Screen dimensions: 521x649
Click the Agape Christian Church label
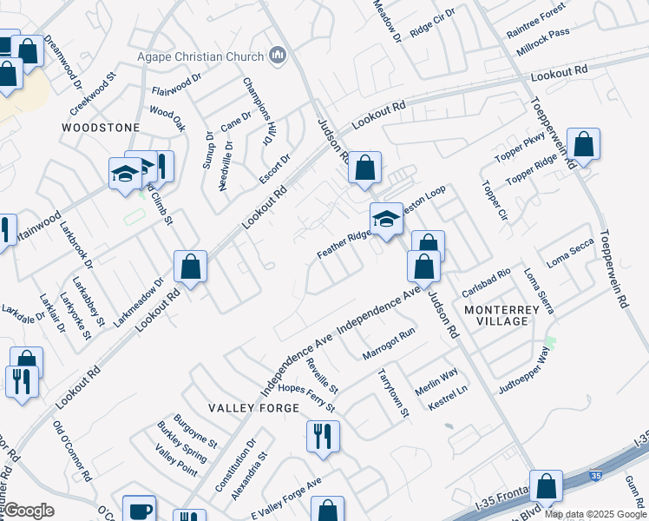pyautogui.click(x=200, y=57)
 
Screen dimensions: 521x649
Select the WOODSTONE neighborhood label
pyautogui.click(x=101, y=128)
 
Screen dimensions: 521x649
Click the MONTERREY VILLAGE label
pyautogui.click(x=508, y=315)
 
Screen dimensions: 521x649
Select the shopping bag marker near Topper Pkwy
pyautogui.click(x=584, y=146)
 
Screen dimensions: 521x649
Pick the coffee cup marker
pyautogui.click(x=139, y=511)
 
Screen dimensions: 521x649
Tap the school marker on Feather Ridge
pyautogui.click(x=386, y=221)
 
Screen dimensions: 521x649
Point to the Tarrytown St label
pyautogui.click(x=393, y=393)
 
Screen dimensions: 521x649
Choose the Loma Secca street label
pyautogui.click(x=570, y=252)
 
